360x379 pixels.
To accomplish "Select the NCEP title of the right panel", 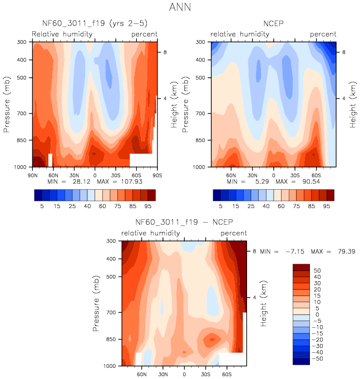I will click(274, 24).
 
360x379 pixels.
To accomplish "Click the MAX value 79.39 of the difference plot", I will click(342, 252).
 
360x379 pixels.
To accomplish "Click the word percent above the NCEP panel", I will click(323, 34).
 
